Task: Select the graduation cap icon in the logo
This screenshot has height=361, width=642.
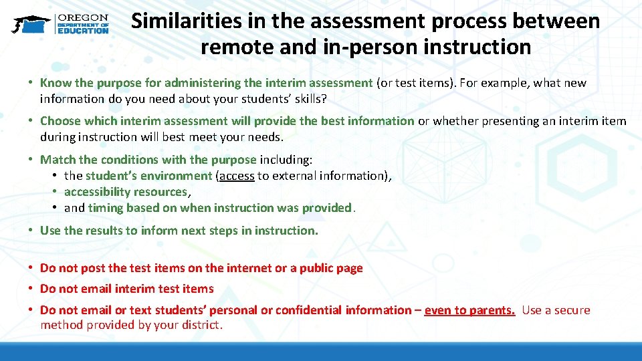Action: click(29, 24)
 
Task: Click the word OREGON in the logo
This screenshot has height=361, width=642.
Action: click(83, 17)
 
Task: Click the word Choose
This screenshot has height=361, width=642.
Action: click(61, 121)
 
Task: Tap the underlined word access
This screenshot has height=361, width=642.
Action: click(237, 176)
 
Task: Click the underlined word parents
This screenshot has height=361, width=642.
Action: click(492, 310)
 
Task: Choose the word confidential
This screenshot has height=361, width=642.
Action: click(309, 310)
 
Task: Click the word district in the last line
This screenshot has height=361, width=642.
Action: click(201, 326)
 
